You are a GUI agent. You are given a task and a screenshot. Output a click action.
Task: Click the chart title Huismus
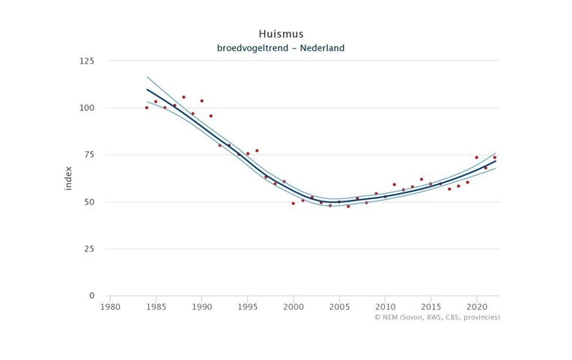281,34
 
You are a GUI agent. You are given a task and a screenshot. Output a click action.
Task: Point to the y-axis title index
68,178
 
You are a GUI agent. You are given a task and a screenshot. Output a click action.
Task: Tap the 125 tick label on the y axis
86,61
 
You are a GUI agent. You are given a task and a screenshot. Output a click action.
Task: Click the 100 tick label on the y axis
86,108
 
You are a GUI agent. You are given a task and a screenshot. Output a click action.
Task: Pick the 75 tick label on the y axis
88,155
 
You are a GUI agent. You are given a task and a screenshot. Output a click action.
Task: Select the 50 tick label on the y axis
88,202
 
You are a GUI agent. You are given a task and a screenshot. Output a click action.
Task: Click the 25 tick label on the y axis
88,248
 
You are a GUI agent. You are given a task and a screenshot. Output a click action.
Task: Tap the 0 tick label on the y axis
91,296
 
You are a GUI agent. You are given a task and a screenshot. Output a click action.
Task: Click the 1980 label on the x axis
110,306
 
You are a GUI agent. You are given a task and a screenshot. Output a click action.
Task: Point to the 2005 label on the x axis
339,306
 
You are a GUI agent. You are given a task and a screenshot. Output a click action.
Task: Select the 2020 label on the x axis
477,306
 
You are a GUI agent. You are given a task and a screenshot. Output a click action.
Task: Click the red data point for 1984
147,108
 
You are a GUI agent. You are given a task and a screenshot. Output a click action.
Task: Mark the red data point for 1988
183,97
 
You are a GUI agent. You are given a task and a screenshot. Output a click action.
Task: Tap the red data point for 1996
257,150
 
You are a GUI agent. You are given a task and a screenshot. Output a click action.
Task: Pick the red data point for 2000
293,204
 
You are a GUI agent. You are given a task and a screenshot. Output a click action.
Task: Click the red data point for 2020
476,157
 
